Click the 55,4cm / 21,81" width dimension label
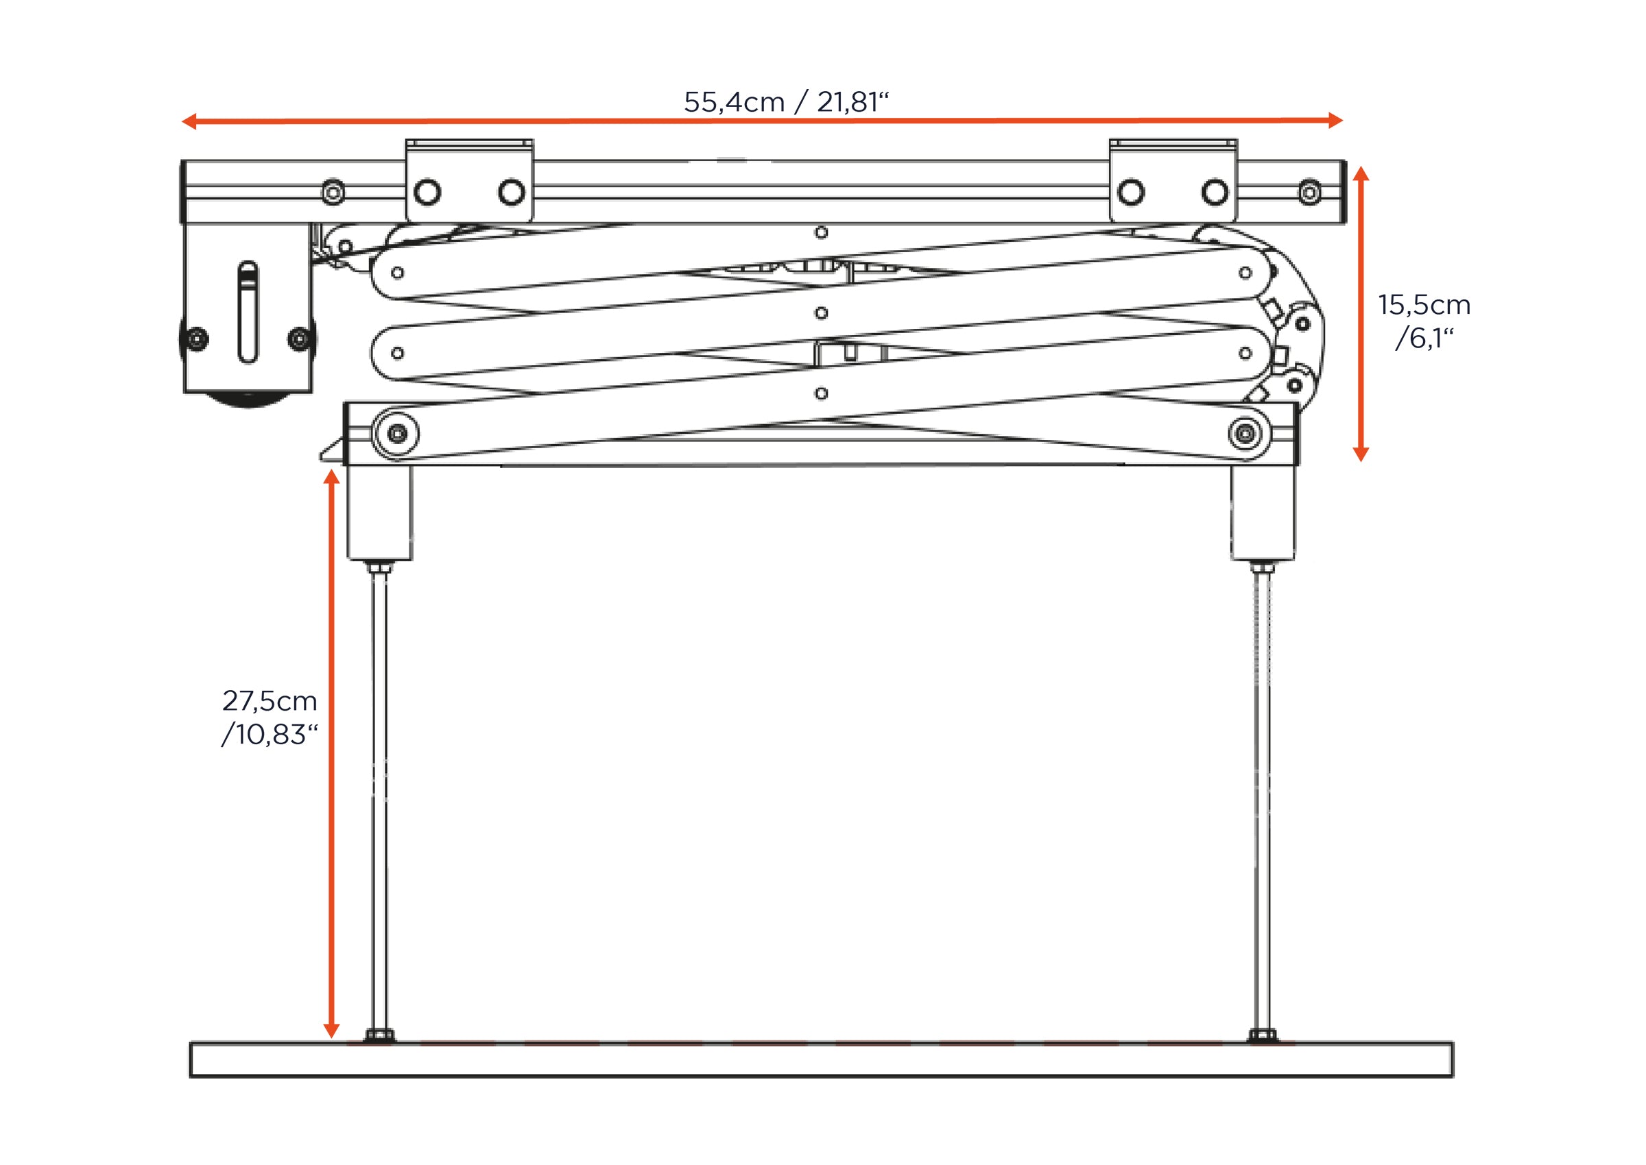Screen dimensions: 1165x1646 pyautogui.click(x=786, y=103)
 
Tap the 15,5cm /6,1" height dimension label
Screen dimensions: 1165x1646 pyautogui.click(x=1424, y=321)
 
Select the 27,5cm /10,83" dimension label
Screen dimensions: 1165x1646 pyautogui.click(x=270, y=718)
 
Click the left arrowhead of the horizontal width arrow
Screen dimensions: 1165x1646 pyautogui.click(x=189, y=121)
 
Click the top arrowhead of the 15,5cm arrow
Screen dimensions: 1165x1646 pyautogui.click(x=1361, y=173)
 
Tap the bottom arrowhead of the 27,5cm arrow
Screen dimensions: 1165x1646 pyautogui.click(x=331, y=1030)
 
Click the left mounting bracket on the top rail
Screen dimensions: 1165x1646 pyautogui.click(x=470, y=181)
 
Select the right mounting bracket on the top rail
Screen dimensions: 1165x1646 pyautogui.click(x=1173, y=181)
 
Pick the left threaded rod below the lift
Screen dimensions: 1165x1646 pyautogui.click(x=379, y=796)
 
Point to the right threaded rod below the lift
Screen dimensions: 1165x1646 pyautogui.click(x=1262, y=796)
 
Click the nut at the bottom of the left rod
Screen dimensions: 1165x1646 pyautogui.click(x=379, y=1036)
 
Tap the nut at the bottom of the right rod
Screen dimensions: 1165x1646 pyautogui.click(x=1262, y=1036)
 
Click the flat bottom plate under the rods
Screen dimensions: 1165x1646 pyautogui.click(x=821, y=1059)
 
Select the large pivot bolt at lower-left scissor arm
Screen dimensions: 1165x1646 pyautogui.click(x=397, y=433)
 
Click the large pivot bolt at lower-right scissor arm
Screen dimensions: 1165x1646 pyautogui.click(x=1245, y=433)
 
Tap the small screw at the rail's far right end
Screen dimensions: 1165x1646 pyautogui.click(x=1309, y=193)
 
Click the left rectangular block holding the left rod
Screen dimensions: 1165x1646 pyautogui.click(x=380, y=512)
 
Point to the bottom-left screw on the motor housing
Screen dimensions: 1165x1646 pyautogui.click(x=197, y=339)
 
